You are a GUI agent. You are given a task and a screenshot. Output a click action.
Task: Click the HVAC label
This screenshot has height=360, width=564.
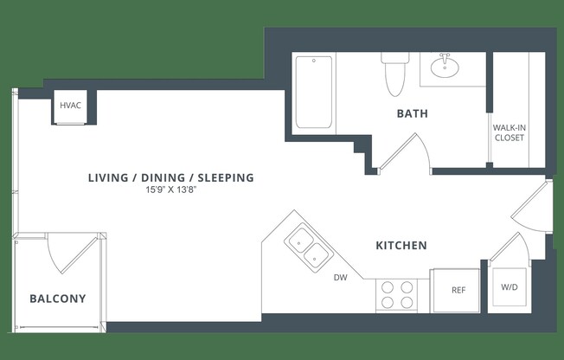pos(71,106)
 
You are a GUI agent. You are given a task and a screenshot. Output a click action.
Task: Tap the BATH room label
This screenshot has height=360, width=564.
pos(412,113)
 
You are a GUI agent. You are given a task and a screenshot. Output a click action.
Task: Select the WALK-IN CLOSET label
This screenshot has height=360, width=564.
pos(510,132)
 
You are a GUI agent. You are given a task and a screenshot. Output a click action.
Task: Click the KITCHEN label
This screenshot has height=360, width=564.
pos(401,246)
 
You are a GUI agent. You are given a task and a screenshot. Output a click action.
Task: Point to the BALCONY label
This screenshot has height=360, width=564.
pos(58,299)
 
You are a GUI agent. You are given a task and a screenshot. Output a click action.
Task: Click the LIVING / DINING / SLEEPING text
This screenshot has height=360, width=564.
pos(170,178)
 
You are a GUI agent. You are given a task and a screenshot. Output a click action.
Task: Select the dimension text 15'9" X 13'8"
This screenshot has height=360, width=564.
pos(170,191)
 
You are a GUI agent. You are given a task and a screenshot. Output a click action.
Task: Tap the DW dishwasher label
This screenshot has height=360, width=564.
pos(341,278)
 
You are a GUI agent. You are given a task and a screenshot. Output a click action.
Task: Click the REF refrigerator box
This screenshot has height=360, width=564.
pos(458,290)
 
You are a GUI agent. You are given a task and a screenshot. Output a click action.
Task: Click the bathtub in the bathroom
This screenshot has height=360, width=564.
pos(313,92)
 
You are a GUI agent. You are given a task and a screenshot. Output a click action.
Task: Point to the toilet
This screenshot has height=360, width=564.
pos(394,73)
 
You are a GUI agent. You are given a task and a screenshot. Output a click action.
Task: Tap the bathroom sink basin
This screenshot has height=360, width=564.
pos(445,66)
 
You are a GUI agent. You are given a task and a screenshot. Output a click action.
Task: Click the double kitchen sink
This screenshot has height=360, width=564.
pos(310,246)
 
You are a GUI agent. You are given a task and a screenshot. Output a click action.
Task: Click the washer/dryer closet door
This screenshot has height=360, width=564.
pos(509,247)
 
